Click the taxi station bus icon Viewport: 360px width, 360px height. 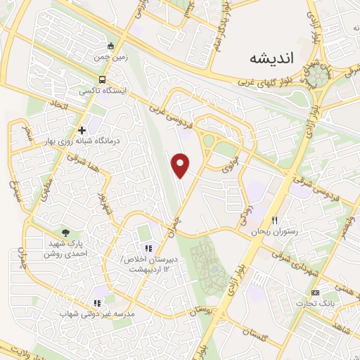pos(103,79)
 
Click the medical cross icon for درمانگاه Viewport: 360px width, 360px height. pos(82,130)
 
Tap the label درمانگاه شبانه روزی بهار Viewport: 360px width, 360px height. pos(83,142)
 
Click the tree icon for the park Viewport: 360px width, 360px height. pos(66,232)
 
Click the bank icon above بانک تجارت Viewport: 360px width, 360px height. pos(315,292)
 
